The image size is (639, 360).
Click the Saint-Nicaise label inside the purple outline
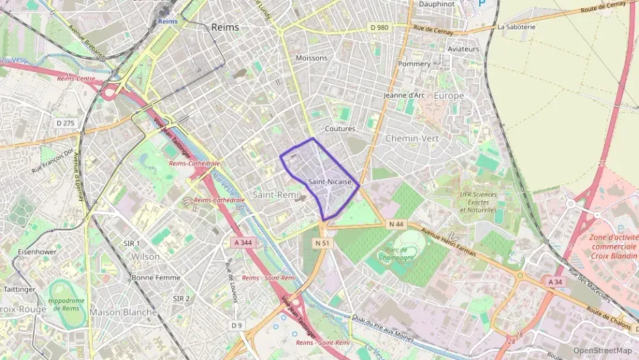(330, 182)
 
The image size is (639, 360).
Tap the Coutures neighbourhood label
(340, 128)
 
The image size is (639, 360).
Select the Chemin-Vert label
(412, 138)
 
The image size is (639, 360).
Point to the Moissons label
(312, 58)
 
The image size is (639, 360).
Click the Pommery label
(414, 64)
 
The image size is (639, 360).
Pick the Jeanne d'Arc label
(404, 95)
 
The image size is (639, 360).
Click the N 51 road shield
(322, 243)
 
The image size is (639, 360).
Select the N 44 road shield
(396, 224)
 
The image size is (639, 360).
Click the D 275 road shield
(65, 122)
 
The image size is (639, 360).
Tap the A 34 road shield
(555, 281)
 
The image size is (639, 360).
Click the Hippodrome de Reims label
(66, 304)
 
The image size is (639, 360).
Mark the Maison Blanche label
(123, 312)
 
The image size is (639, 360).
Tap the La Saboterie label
(517, 27)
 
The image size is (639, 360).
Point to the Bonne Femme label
(156, 278)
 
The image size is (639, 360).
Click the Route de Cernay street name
(603, 9)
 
